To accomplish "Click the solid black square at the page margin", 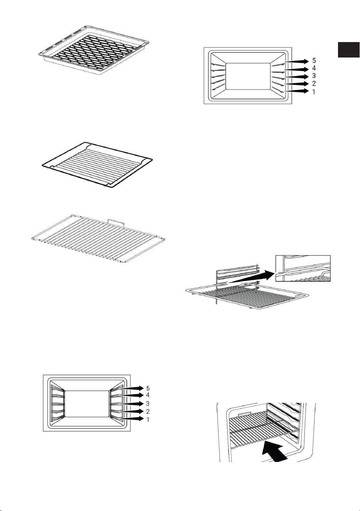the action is tap(348, 49).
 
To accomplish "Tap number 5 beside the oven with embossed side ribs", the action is tap(314, 61).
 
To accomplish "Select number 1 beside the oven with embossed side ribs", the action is tap(314, 92).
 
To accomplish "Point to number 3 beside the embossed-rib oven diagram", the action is tap(314, 76).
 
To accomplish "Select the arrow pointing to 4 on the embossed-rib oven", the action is tap(297, 69).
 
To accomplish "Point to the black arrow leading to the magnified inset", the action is tap(251, 278).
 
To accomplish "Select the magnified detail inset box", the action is tap(303, 268).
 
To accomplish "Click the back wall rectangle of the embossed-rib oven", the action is tap(248, 76).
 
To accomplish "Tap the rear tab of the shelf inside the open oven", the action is tap(244, 414).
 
